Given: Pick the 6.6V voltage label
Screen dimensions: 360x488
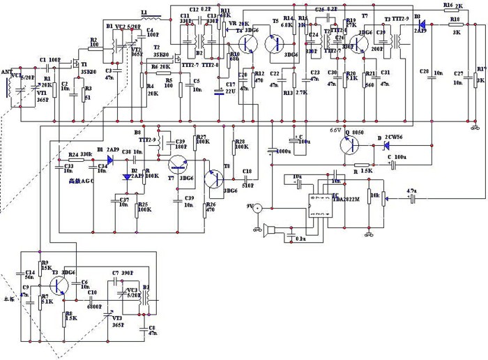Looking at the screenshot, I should coord(335,130).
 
